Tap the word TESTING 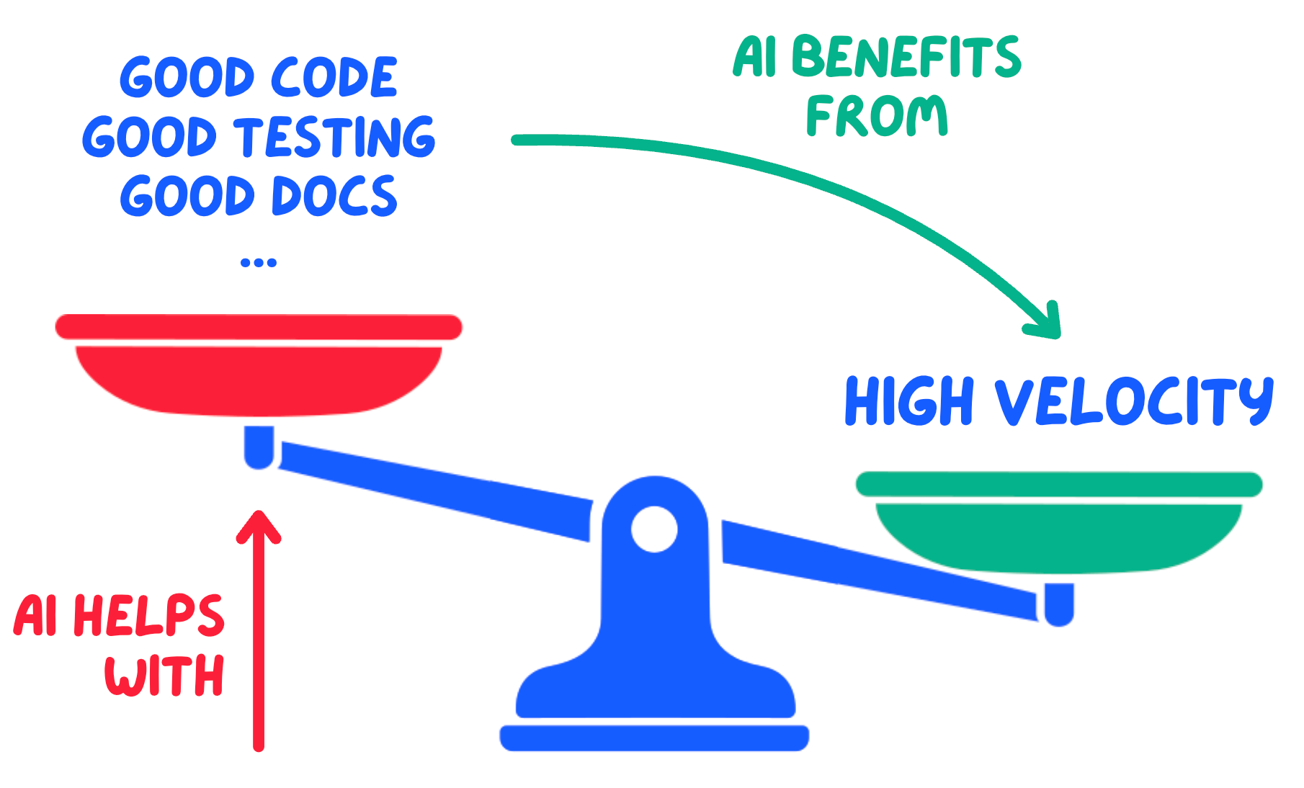click(336, 137)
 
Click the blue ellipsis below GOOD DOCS click(259, 263)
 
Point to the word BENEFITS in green click(906, 57)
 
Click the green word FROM click(877, 116)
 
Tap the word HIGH click(910, 400)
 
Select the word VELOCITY click(1134, 400)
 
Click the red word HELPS click(149, 617)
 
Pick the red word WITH click(165, 675)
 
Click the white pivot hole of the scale click(654, 529)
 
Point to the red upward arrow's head click(259, 525)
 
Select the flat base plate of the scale click(654, 738)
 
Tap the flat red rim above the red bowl click(259, 327)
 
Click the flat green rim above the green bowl click(1059, 484)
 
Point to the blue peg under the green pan click(1059, 604)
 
